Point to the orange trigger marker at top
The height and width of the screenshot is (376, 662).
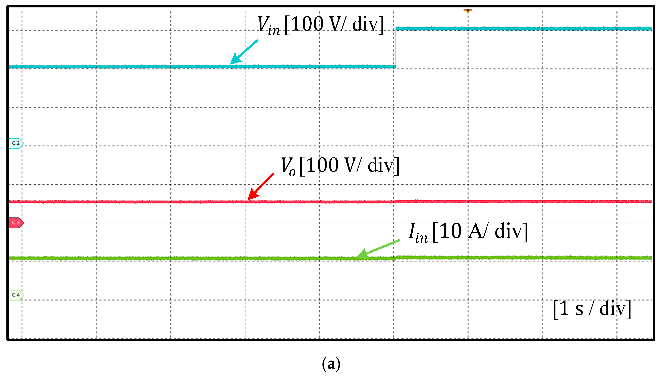pos(468,11)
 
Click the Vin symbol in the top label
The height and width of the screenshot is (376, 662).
pos(268,25)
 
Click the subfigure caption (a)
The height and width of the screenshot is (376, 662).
pos(331,364)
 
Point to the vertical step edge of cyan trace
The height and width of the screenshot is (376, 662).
pos(396,48)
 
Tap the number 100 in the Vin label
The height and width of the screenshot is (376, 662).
pos(307,24)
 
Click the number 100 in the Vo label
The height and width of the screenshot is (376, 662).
pos(322,165)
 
